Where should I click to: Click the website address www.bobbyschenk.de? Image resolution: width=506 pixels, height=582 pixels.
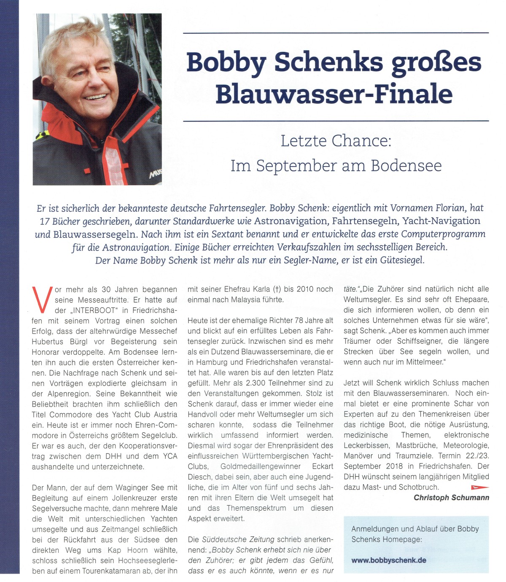pos(388,560)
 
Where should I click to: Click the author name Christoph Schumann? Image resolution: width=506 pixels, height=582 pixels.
pos(451,498)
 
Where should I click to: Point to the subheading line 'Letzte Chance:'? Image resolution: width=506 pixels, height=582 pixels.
pos(336,141)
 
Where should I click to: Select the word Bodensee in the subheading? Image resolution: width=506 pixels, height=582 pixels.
pos(406,166)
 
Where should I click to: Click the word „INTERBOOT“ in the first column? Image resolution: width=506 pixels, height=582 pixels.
pos(93,310)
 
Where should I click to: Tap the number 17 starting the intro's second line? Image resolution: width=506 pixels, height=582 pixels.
pos(45,221)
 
